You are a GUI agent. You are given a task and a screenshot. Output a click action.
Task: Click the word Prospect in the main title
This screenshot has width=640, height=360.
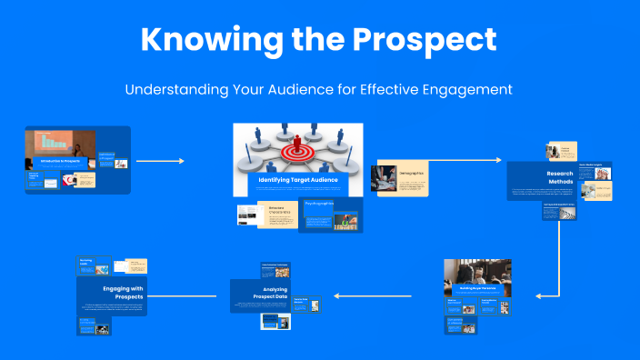pyautogui.click(x=426, y=40)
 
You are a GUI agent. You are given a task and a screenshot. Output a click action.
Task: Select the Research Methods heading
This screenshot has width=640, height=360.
pyautogui.click(x=559, y=176)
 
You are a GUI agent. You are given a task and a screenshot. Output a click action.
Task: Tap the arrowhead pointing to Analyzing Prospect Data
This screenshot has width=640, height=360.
pyautogui.click(x=338, y=295)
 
